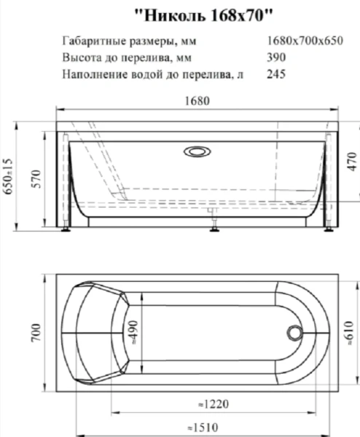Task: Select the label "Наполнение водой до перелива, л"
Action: click(x=146, y=74)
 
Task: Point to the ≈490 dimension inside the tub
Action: click(x=133, y=333)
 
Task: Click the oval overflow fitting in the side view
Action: click(x=197, y=152)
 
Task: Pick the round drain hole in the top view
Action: click(x=295, y=333)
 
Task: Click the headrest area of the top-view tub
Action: click(x=95, y=333)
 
